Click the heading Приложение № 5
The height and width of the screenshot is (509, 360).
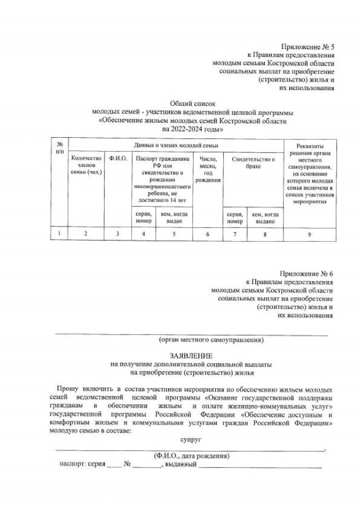[308, 47]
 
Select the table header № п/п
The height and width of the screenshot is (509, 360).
[59, 148]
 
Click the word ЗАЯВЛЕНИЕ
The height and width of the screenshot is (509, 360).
[192, 356]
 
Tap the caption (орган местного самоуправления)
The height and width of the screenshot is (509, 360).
[210, 340]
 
